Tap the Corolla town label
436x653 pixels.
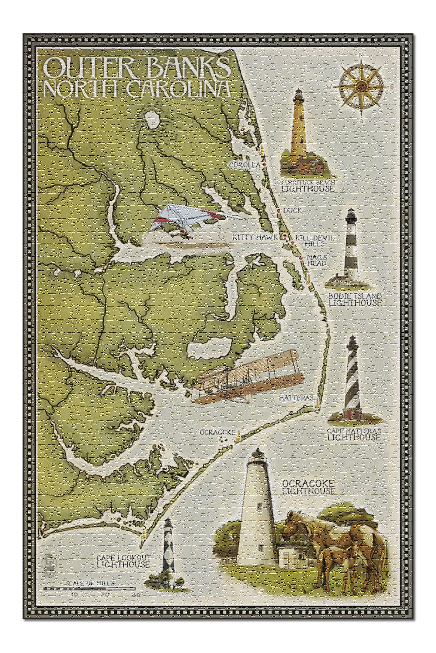(x=244, y=165)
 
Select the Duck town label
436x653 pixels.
(x=292, y=211)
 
